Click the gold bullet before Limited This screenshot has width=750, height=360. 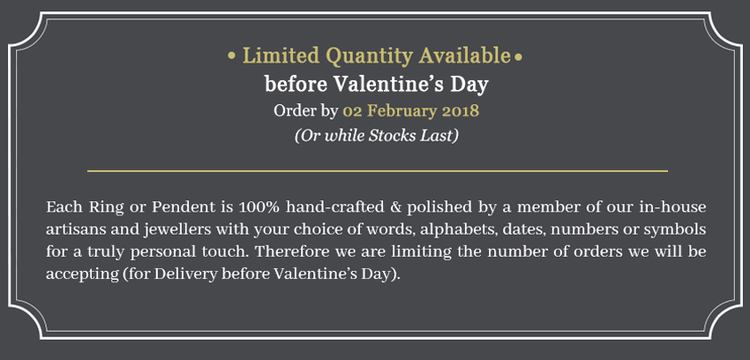[232, 56]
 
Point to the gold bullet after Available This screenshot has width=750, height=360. [518, 57]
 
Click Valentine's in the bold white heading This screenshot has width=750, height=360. [389, 85]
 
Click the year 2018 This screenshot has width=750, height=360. [460, 111]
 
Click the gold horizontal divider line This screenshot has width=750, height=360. [378, 170]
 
